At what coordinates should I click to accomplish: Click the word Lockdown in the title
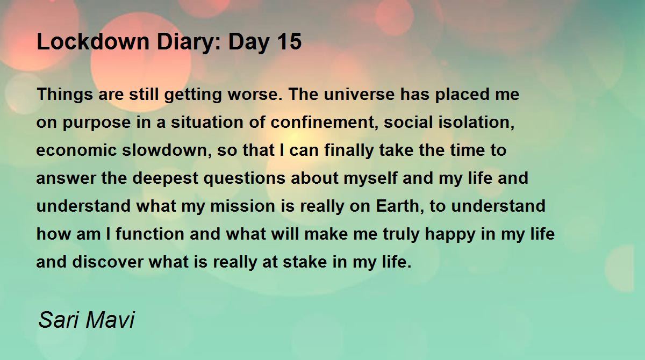(93, 41)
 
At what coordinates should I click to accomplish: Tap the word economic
(76, 150)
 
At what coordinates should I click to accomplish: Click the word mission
(242, 206)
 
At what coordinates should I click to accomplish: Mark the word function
(150, 234)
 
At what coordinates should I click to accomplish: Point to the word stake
(305, 262)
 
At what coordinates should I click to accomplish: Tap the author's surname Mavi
(110, 319)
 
